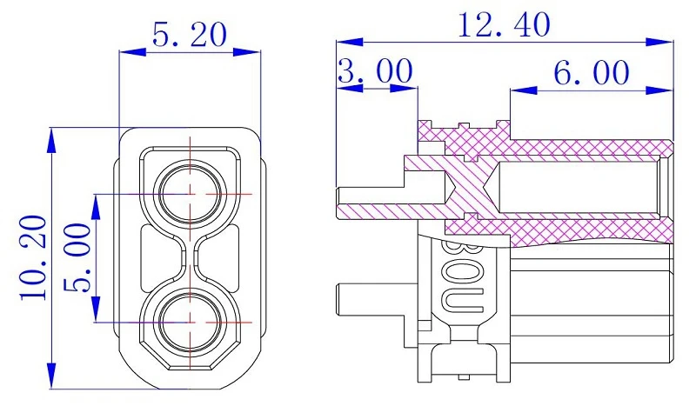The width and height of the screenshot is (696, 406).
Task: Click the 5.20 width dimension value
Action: pos(190,35)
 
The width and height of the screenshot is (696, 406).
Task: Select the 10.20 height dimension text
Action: pos(33,258)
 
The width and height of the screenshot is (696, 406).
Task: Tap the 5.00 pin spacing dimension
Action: pos(77,258)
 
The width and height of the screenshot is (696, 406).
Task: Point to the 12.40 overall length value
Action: pos(504,25)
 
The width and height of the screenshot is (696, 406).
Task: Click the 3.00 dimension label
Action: pos(376,71)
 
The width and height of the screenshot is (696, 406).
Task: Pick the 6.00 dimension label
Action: pos(592,72)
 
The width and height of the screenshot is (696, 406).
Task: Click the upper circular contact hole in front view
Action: pos(190,194)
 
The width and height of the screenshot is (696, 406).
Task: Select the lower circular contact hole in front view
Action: pos(190,323)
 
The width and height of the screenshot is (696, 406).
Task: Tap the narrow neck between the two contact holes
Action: pos(190,258)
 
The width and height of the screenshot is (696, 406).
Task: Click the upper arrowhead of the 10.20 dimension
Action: pos(52,142)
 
